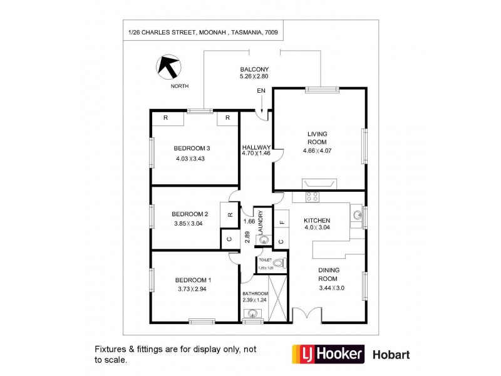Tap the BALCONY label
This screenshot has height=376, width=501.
(254, 69)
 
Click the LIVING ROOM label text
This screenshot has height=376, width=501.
(317, 138)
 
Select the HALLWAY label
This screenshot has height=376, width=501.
(256, 148)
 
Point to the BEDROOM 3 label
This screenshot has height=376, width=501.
(192, 149)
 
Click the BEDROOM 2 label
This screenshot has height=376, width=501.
(190, 213)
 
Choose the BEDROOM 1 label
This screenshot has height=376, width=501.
(193, 279)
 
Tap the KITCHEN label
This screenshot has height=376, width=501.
(317, 221)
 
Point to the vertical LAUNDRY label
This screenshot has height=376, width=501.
(261, 221)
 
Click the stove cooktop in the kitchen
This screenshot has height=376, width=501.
(311, 197)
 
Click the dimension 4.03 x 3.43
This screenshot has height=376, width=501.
(191, 159)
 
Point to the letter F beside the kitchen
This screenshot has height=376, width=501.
(281, 222)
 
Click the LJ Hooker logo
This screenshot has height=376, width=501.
(326, 354)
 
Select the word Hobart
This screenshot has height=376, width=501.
(392, 355)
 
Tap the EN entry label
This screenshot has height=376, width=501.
(261, 91)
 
